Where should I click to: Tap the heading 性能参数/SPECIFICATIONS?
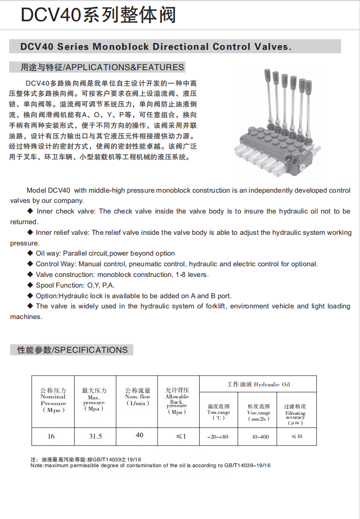[x=73, y=350]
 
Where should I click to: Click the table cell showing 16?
[x=51, y=436]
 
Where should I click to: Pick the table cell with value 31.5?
[x=95, y=436]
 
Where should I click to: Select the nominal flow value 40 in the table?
[x=140, y=435]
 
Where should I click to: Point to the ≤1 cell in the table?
[x=181, y=436]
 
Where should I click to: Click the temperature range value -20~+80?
[x=219, y=437]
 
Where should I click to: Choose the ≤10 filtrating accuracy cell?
[x=297, y=436]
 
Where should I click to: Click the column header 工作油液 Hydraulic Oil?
[x=258, y=384]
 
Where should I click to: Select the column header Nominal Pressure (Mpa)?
[x=53, y=400]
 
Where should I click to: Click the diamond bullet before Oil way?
[x=31, y=253]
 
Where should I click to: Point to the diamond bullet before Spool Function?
[x=31, y=285]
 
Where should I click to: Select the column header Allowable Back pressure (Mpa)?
[x=177, y=401]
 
